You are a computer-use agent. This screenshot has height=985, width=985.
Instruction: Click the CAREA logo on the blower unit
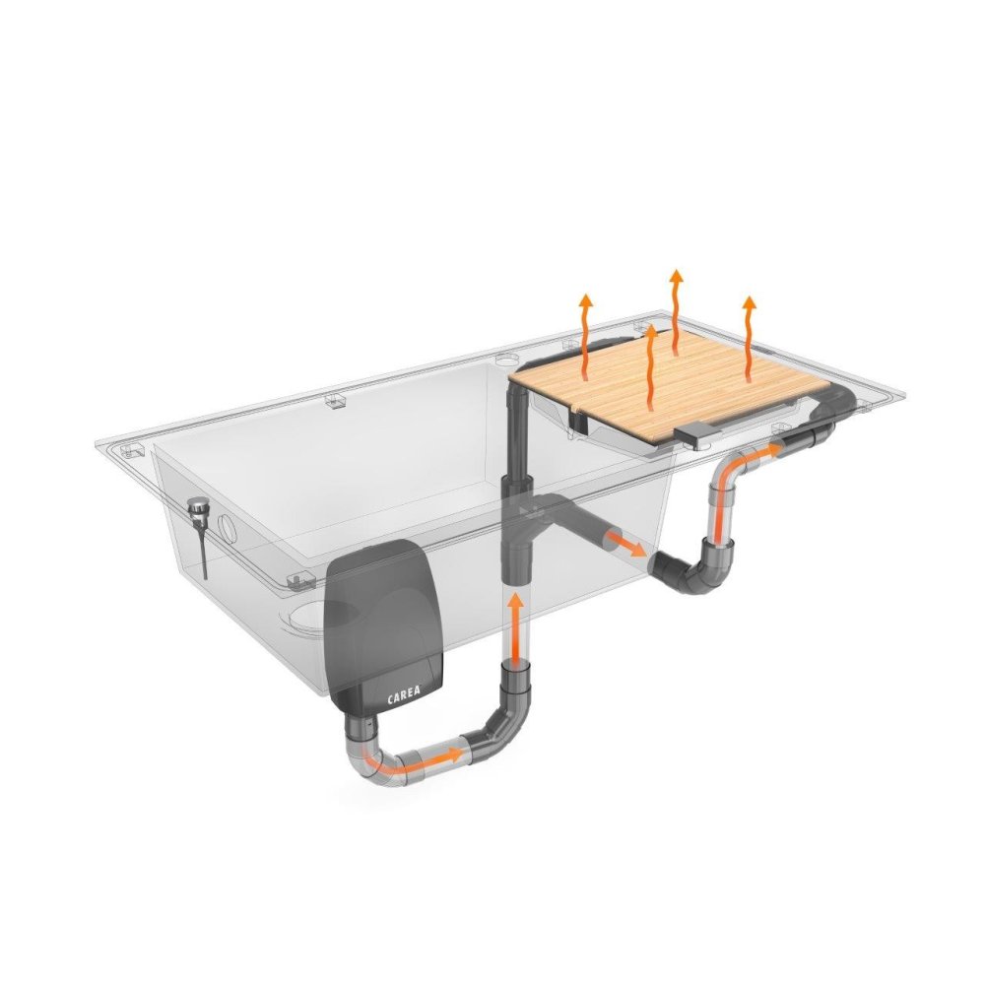pos(404,696)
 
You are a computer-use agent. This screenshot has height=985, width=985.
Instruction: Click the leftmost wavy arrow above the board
pos(585,336)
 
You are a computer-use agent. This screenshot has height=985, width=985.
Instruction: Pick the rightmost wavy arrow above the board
pos(749,338)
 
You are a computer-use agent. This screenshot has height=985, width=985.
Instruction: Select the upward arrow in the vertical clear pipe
pos(516,628)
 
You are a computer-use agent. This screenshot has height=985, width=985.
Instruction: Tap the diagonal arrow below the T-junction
pos(625,543)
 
